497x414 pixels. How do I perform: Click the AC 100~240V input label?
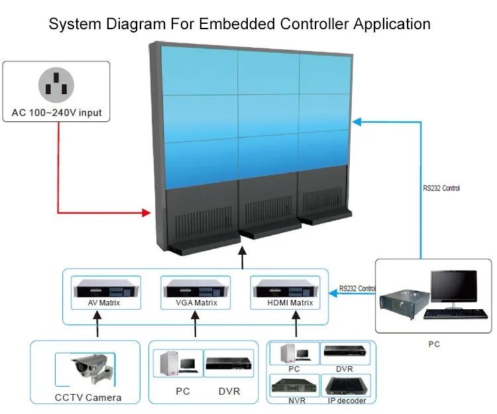pos(57,113)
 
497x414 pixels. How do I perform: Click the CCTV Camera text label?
pos(85,397)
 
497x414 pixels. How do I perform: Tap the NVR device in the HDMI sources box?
pos(294,384)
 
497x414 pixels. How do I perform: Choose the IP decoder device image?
pos(347,385)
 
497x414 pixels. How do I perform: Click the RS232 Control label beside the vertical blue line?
pos(441,188)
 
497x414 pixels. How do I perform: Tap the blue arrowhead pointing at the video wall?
pos(357,121)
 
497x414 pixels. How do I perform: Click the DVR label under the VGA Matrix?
pos(229,391)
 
